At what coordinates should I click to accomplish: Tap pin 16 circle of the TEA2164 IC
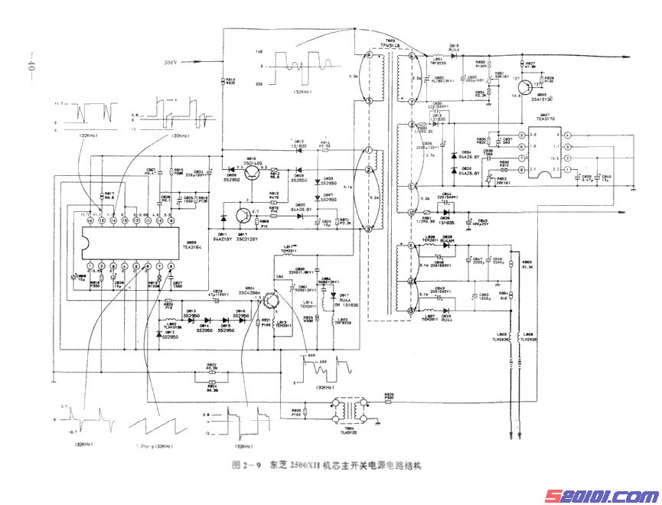coord(90,221)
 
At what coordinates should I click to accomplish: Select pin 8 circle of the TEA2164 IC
coord(171,267)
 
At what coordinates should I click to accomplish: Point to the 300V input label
coord(170,62)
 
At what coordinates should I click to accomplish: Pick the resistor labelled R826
coord(389,396)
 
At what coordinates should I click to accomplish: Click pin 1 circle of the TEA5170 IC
coord(522,135)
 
